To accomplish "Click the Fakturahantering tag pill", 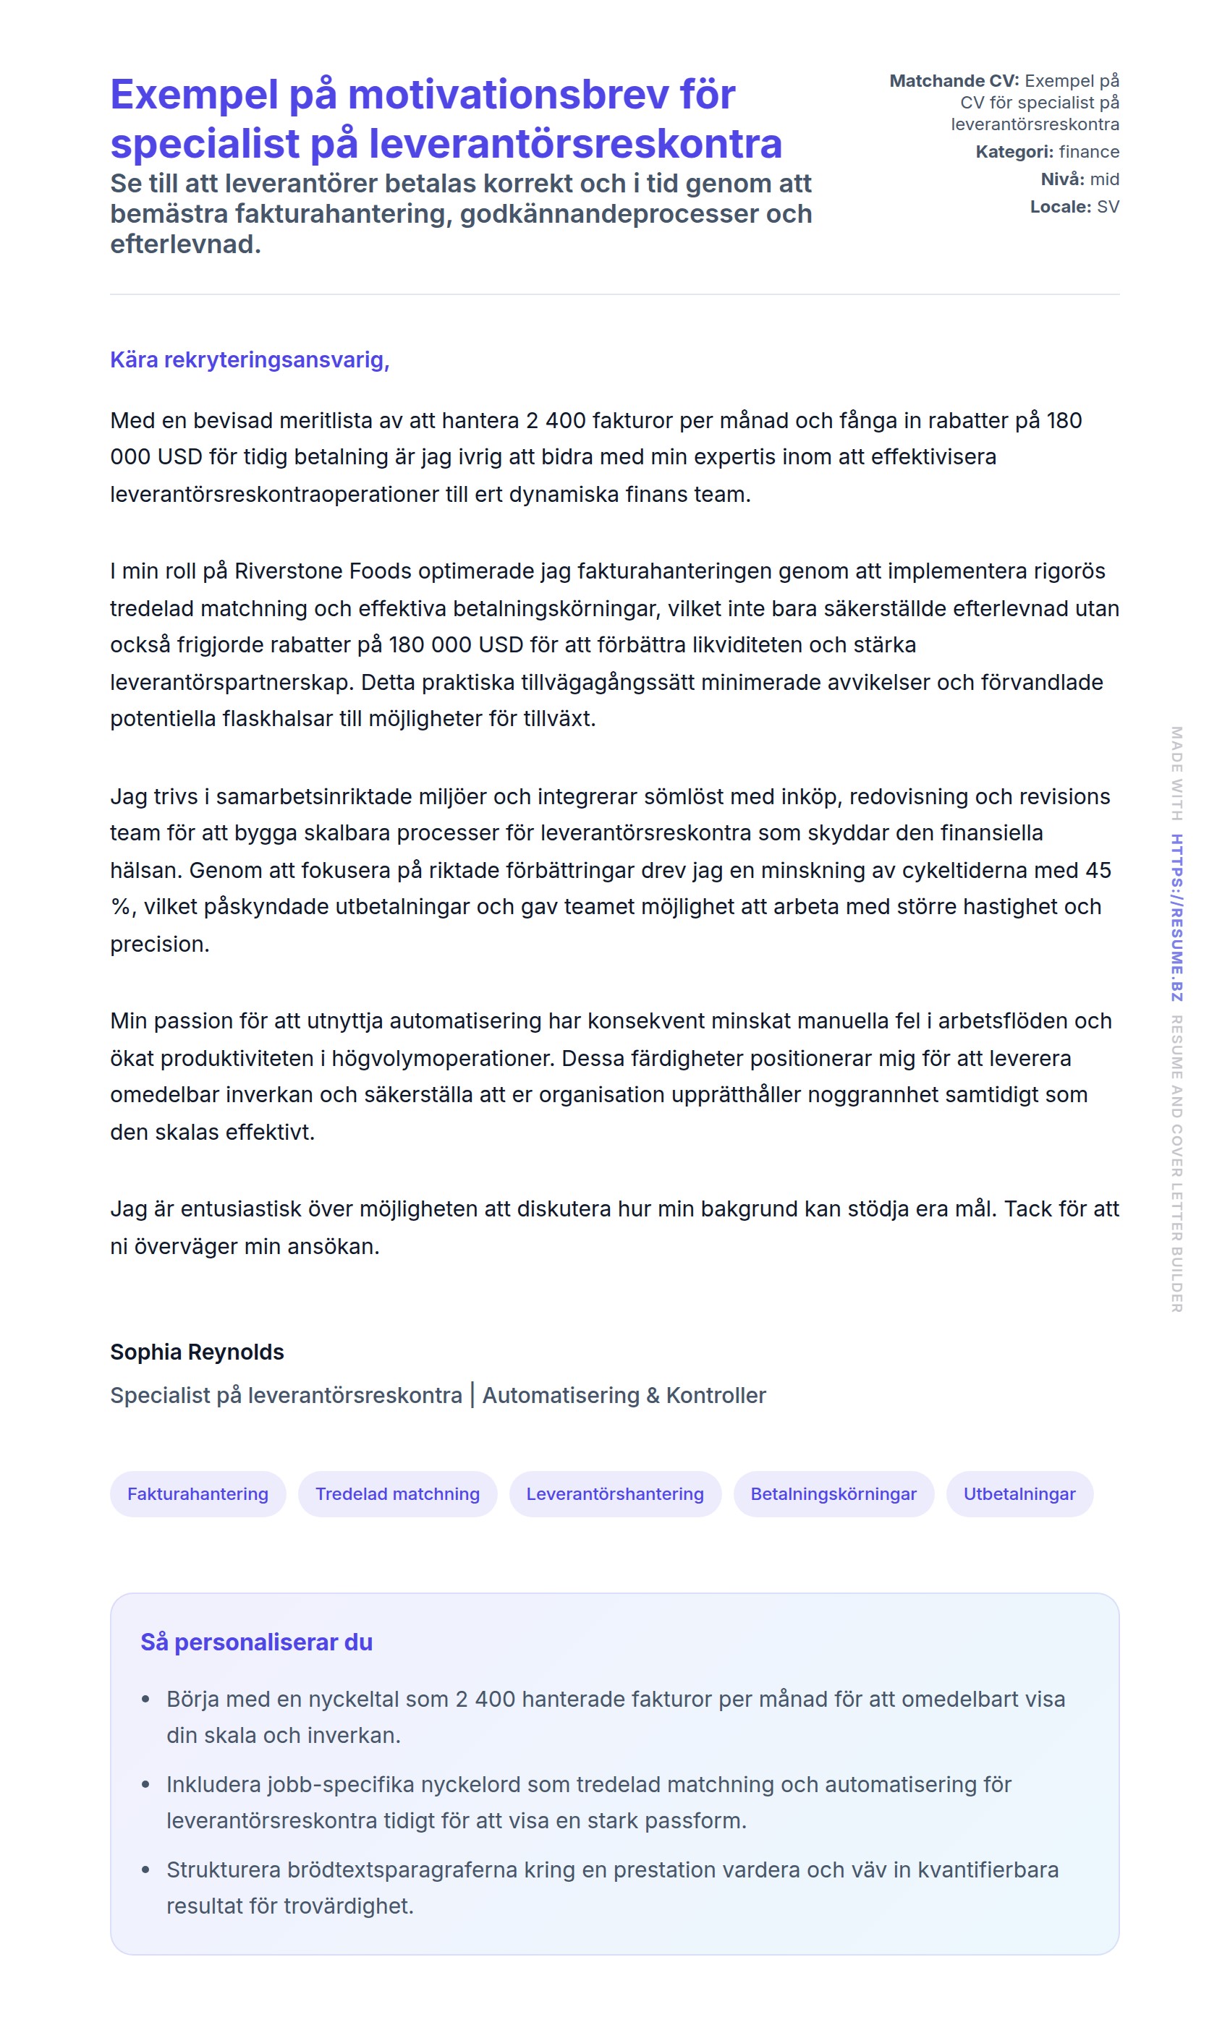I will coord(198,1493).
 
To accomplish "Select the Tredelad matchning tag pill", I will coord(397,1493).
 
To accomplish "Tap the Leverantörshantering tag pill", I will coord(615,1493).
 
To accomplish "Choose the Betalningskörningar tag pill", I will coord(833,1493).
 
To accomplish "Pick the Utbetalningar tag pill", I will coord(1019,1493).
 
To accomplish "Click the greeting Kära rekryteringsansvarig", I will coord(249,360).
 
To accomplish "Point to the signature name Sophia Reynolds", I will coord(198,1352).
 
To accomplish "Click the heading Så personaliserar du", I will coord(257,1642).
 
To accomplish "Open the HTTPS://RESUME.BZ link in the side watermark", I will coord(1176,917).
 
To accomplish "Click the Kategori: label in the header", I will coord(1014,152).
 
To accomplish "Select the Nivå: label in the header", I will coord(1062,179).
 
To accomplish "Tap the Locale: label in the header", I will coord(1061,207).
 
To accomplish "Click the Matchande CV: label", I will coord(954,80).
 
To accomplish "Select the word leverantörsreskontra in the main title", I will coord(574,144).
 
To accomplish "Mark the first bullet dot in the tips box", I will coord(146,1700).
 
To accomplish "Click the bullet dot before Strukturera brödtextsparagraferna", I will coord(146,1870).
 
